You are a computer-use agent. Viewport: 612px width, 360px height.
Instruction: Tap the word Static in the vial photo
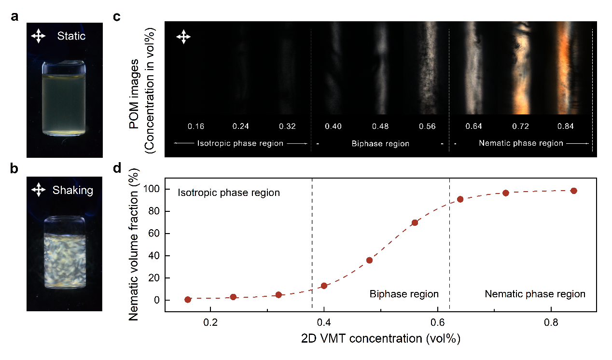coord(71,36)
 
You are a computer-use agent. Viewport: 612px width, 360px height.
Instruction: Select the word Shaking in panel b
coord(72,190)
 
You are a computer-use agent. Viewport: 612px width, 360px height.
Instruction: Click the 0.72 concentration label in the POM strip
coord(521,126)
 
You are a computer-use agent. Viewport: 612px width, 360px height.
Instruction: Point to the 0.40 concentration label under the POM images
coord(334,126)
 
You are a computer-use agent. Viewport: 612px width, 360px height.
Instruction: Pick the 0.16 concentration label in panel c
coord(196,126)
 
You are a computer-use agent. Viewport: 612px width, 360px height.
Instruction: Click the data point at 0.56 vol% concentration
coord(415,222)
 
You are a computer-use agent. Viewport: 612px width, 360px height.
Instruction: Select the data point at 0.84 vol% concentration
coord(574,191)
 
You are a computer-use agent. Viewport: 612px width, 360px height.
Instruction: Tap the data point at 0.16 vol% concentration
coord(188,300)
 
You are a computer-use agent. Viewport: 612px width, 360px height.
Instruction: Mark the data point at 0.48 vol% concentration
coord(369,260)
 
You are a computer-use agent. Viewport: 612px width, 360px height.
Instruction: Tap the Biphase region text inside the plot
coord(404,294)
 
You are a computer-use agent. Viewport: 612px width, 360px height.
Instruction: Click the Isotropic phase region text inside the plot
coord(229,193)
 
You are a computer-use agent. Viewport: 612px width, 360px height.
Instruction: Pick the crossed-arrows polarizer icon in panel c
coord(183,37)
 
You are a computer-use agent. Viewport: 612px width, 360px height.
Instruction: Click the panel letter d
coord(117,168)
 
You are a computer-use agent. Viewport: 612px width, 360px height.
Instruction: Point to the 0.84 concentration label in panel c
coord(566,126)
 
